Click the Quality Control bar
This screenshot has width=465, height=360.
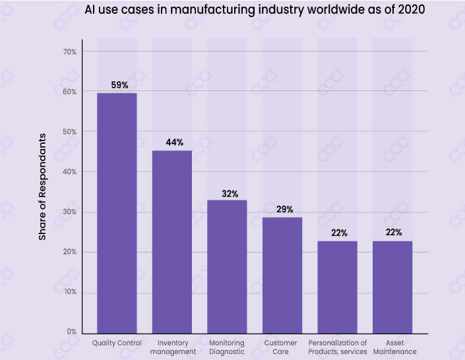(x=117, y=212)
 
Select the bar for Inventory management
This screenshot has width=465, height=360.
(x=172, y=241)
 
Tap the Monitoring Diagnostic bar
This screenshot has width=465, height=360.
(x=228, y=266)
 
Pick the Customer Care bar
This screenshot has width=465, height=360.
(x=282, y=274)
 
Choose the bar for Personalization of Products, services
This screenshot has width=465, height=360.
(x=338, y=286)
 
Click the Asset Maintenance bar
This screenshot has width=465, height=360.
(x=393, y=286)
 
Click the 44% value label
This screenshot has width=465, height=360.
(x=174, y=142)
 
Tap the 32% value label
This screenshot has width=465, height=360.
(x=230, y=194)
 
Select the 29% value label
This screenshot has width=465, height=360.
(x=284, y=209)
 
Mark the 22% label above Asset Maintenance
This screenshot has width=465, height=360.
(x=394, y=233)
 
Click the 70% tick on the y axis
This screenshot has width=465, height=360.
(x=69, y=51)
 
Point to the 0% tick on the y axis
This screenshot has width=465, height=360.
(x=71, y=332)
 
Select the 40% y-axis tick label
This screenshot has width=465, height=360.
(x=69, y=171)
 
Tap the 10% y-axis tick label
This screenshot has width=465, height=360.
(x=69, y=292)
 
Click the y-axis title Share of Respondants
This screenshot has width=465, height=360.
(x=43, y=187)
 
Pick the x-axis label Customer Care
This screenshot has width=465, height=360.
(x=280, y=347)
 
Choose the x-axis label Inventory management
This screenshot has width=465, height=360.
(x=172, y=347)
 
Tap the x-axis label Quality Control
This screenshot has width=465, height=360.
(x=116, y=343)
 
